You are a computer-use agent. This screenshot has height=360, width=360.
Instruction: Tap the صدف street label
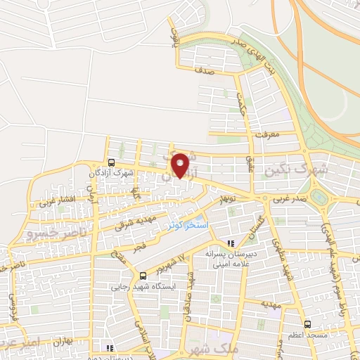point(209,72)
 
